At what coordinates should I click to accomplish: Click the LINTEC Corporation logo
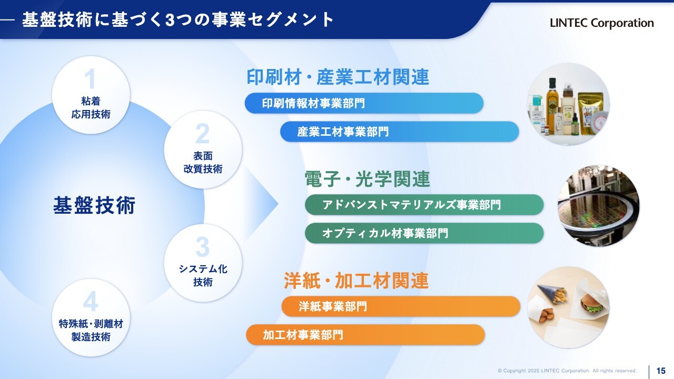602,23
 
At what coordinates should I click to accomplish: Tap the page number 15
661,370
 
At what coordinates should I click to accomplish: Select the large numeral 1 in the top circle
90,79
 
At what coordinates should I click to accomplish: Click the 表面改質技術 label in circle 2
203,163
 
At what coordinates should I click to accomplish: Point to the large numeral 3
203,247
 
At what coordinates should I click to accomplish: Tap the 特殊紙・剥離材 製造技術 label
91,330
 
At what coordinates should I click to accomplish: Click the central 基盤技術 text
94,205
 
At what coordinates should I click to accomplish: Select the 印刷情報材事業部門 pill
364,103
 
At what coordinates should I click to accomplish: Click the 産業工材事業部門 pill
400,132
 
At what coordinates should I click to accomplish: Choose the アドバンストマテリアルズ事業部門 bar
424,205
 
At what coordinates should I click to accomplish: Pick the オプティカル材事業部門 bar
424,233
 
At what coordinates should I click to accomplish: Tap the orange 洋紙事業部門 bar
401,306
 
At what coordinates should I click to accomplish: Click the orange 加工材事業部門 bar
365,335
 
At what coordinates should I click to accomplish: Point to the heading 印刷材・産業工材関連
338,77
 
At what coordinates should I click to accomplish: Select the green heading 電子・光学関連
367,179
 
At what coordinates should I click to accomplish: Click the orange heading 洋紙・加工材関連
356,281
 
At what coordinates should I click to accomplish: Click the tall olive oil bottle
552,102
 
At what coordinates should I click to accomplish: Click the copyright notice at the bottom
567,371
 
